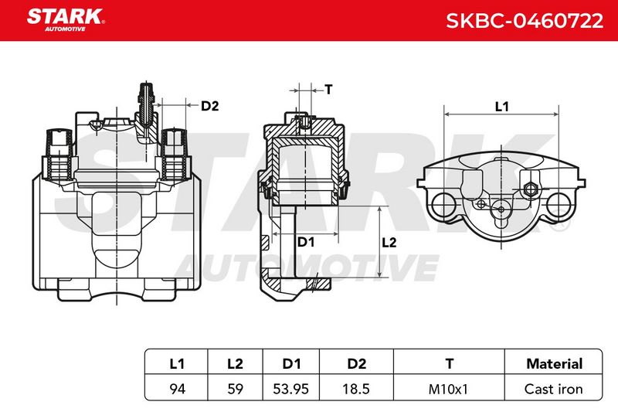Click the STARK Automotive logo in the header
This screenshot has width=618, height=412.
tap(66, 20)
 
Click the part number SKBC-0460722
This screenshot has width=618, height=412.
tap(525, 21)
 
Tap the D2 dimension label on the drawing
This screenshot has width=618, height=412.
tap(209, 106)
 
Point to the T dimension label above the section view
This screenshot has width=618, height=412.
tap(329, 90)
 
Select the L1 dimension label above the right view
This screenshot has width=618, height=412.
tap(501, 107)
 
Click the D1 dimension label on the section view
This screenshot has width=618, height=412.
tap(306, 242)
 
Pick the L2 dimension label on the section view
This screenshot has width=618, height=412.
tap(389, 243)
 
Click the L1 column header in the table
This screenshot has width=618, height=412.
tap(177, 363)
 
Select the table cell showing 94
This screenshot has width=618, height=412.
tap(177, 389)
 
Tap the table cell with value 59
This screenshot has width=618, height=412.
tap(235, 389)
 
